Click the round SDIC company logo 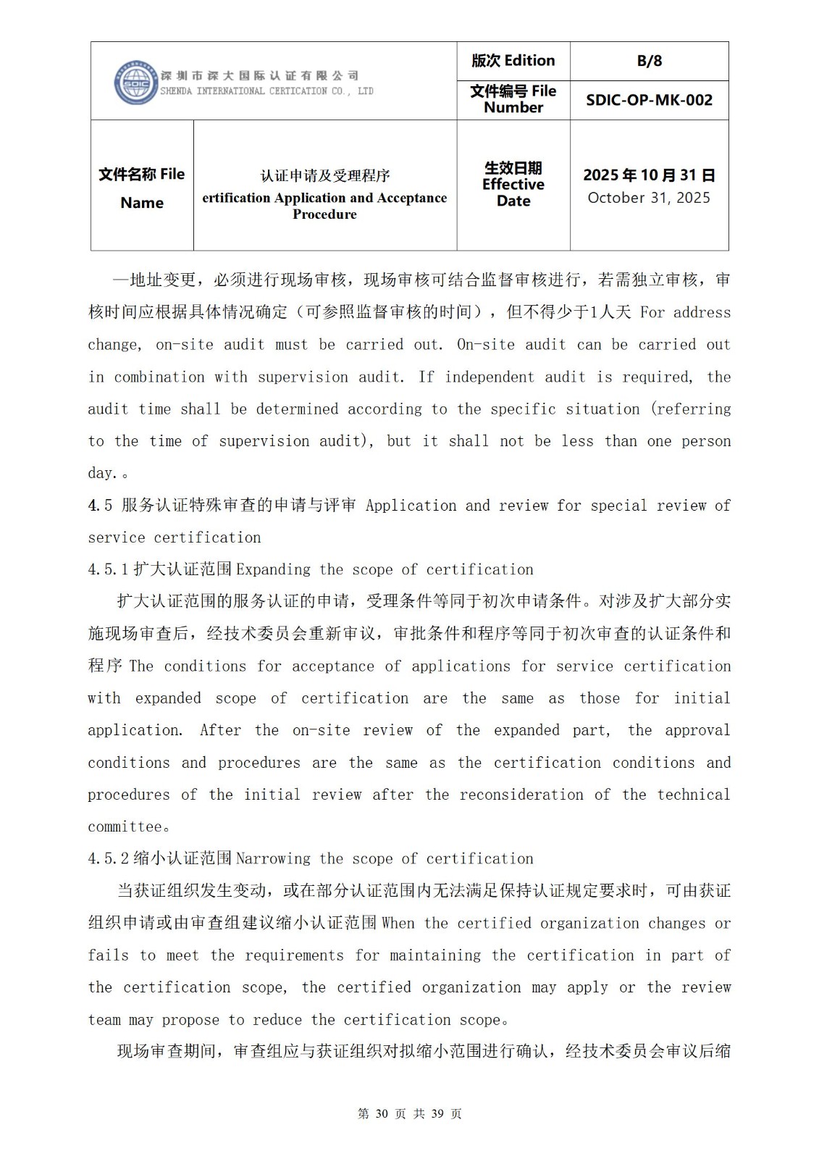tap(136, 83)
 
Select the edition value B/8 tap(649, 61)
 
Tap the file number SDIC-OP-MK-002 tap(649, 100)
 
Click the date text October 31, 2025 tap(649, 198)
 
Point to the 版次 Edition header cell tap(513, 61)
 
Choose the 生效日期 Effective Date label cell tap(513, 185)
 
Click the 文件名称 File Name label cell tap(142, 188)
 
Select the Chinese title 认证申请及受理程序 tap(325, 175)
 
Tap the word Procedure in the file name tap(324, 214)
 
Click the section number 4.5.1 tap(108, 569)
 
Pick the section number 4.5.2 tap(108, 858)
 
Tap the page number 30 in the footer tap(382, 1113)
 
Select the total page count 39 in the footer tap(437, 1113)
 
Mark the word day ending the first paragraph tap(101, 473)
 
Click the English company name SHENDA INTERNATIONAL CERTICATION tap(246, 91)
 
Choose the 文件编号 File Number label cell tap(513, 99)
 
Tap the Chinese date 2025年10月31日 tap(649, 175)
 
